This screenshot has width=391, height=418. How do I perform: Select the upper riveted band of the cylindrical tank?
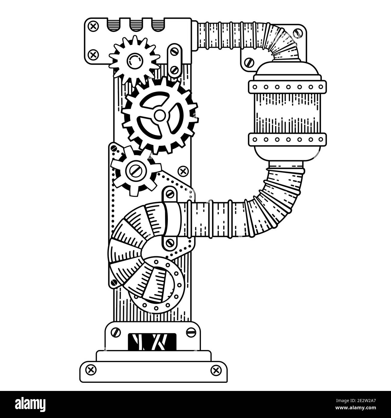click(287, 87)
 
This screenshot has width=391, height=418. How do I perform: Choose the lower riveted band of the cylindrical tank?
click(287, 139)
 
